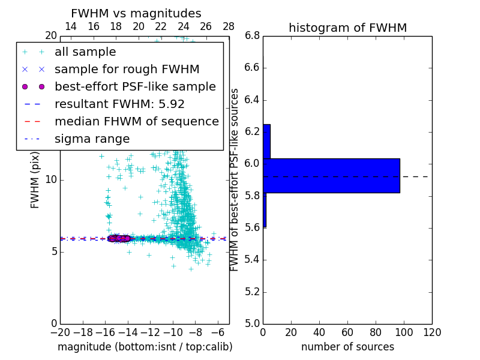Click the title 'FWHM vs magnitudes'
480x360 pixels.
pos(136,14)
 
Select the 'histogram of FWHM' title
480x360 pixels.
pos(347,28)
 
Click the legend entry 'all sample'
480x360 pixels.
pos(85,52)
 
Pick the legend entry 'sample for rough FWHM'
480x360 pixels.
pos(127,70)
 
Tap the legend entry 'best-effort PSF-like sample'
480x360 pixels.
pos(135,87)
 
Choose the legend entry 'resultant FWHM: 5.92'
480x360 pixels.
pos(119,104)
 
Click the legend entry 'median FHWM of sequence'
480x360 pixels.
pos(136,122)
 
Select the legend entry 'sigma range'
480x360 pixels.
pos(92,139)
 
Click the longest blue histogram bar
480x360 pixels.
pos(331,175)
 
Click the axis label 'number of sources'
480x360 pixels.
pos(347,347)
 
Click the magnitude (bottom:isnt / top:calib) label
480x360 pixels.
pos(145,347)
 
